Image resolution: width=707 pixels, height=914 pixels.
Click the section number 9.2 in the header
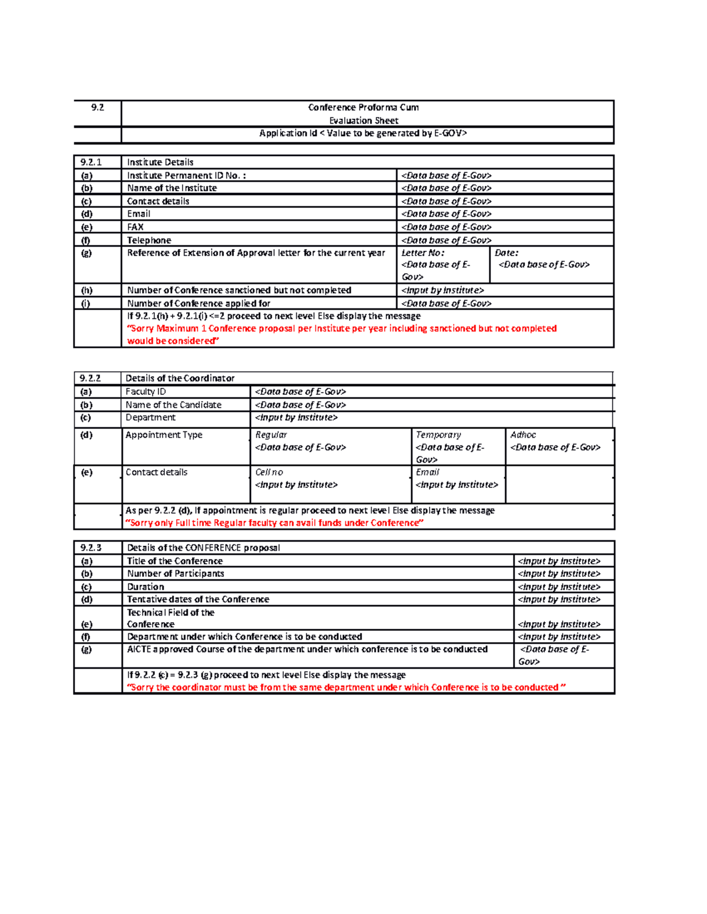[x=97, y=107]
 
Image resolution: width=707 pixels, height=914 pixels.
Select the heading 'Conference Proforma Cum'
[x=364, y=107]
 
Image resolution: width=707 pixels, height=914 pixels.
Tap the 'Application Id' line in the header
[x=363, y=134]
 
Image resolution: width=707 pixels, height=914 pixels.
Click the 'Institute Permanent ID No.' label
[x=187, y=175]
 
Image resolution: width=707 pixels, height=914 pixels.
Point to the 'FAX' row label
[x=136, y=227]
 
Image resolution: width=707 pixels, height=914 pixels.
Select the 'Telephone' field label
[x=149, y=240]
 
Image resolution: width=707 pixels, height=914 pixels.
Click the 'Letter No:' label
[x=422, y=253]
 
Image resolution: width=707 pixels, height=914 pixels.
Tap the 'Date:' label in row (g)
[x=507, y=253]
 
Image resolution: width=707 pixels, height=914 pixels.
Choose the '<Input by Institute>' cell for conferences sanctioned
[x=442, y=290]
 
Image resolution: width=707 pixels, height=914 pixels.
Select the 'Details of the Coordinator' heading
[x=180, y=378]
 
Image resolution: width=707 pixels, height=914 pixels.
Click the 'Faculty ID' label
[x=146, y=392]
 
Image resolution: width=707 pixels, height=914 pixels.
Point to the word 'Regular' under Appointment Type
[x=271, y=435]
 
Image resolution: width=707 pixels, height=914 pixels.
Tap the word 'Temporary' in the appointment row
[x=438, y=435]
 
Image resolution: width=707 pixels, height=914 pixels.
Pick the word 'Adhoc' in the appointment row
[x=523, y=435]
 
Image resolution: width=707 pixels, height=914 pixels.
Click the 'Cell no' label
[x=269, y=473]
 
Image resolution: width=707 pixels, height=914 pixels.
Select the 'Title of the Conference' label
[x=175, y=561]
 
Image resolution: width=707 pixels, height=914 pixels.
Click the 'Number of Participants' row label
[x=176, y=574]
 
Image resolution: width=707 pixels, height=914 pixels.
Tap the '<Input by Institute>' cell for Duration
[x=559, y=587]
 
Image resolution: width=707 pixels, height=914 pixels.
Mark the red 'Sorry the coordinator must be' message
[x=346, y=687]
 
